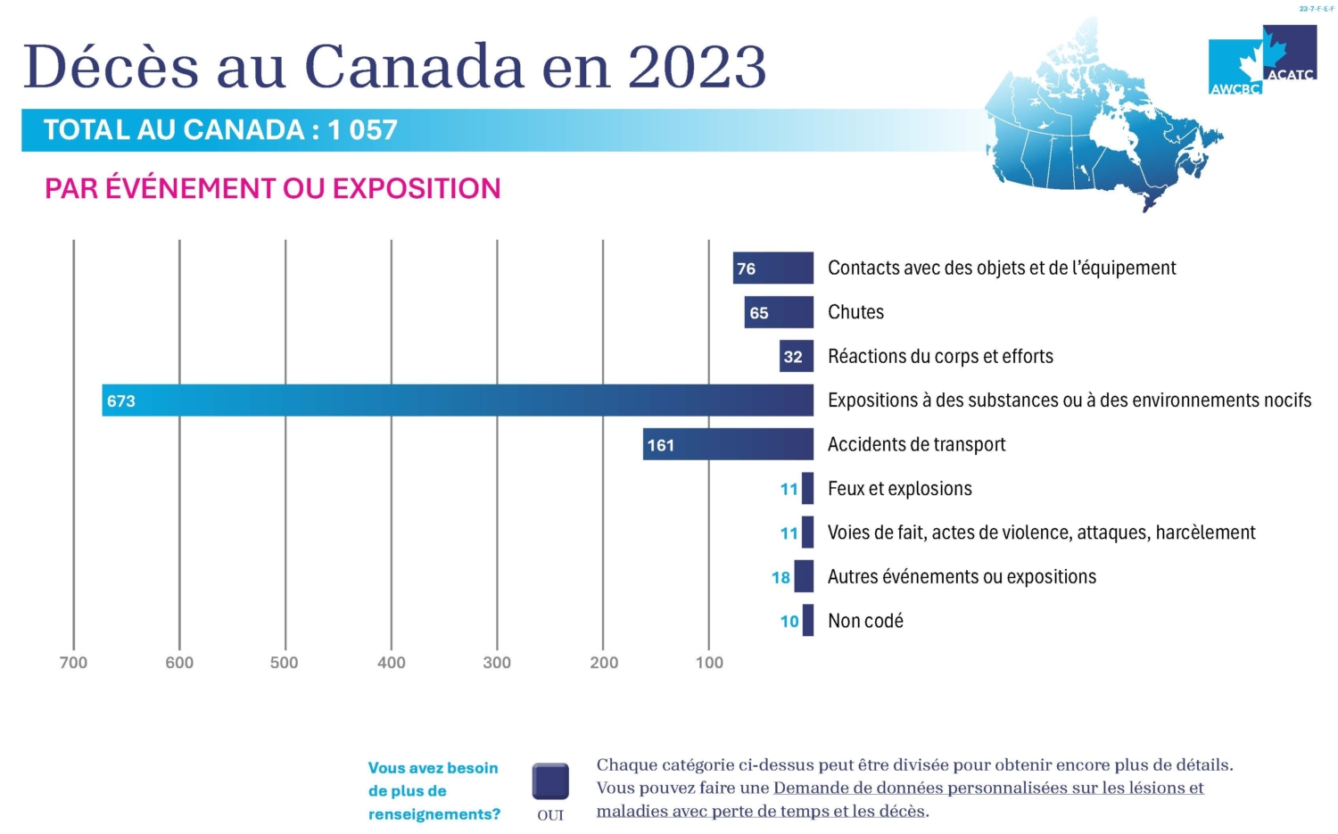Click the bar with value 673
[x=457, y=400]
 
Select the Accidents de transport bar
[x=728, y=444]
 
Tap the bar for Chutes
[x=779, y=312]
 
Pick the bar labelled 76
[x=772, y=268]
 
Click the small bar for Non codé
[x=808, y=620]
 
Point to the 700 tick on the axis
[x=73, y=663]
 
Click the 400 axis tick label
[x=391, y=663]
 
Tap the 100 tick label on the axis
[x=709, y=663]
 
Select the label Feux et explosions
[x=899, y=489]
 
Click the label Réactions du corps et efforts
[x=940, y=357]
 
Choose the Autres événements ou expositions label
[x=962, y=577]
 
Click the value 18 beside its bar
[x=780, y=578]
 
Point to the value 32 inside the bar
[x=793, y=358]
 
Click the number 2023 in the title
[x=697, y=67]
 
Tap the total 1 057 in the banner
[x=362, y=130]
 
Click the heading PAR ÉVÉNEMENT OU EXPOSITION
[x=272, y=189]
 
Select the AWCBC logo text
[x=1235, y=88]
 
